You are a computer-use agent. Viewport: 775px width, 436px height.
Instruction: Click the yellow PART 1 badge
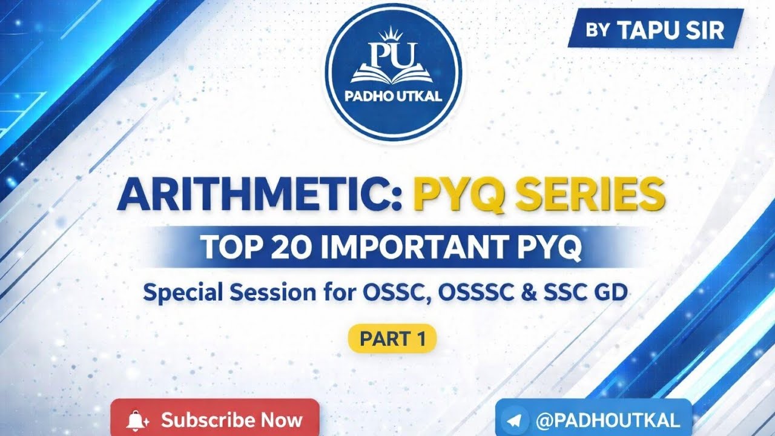click(x=392, y=339)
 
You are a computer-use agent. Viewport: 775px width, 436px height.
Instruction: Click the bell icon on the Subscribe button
click(x=137, y=420)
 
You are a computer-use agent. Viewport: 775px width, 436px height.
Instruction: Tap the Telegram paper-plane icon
click(x=515, y=420)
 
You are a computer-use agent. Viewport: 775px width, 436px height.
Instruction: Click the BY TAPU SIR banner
click(x=655, y=30)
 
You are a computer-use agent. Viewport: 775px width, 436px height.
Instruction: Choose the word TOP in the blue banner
click(x=226, y=247)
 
